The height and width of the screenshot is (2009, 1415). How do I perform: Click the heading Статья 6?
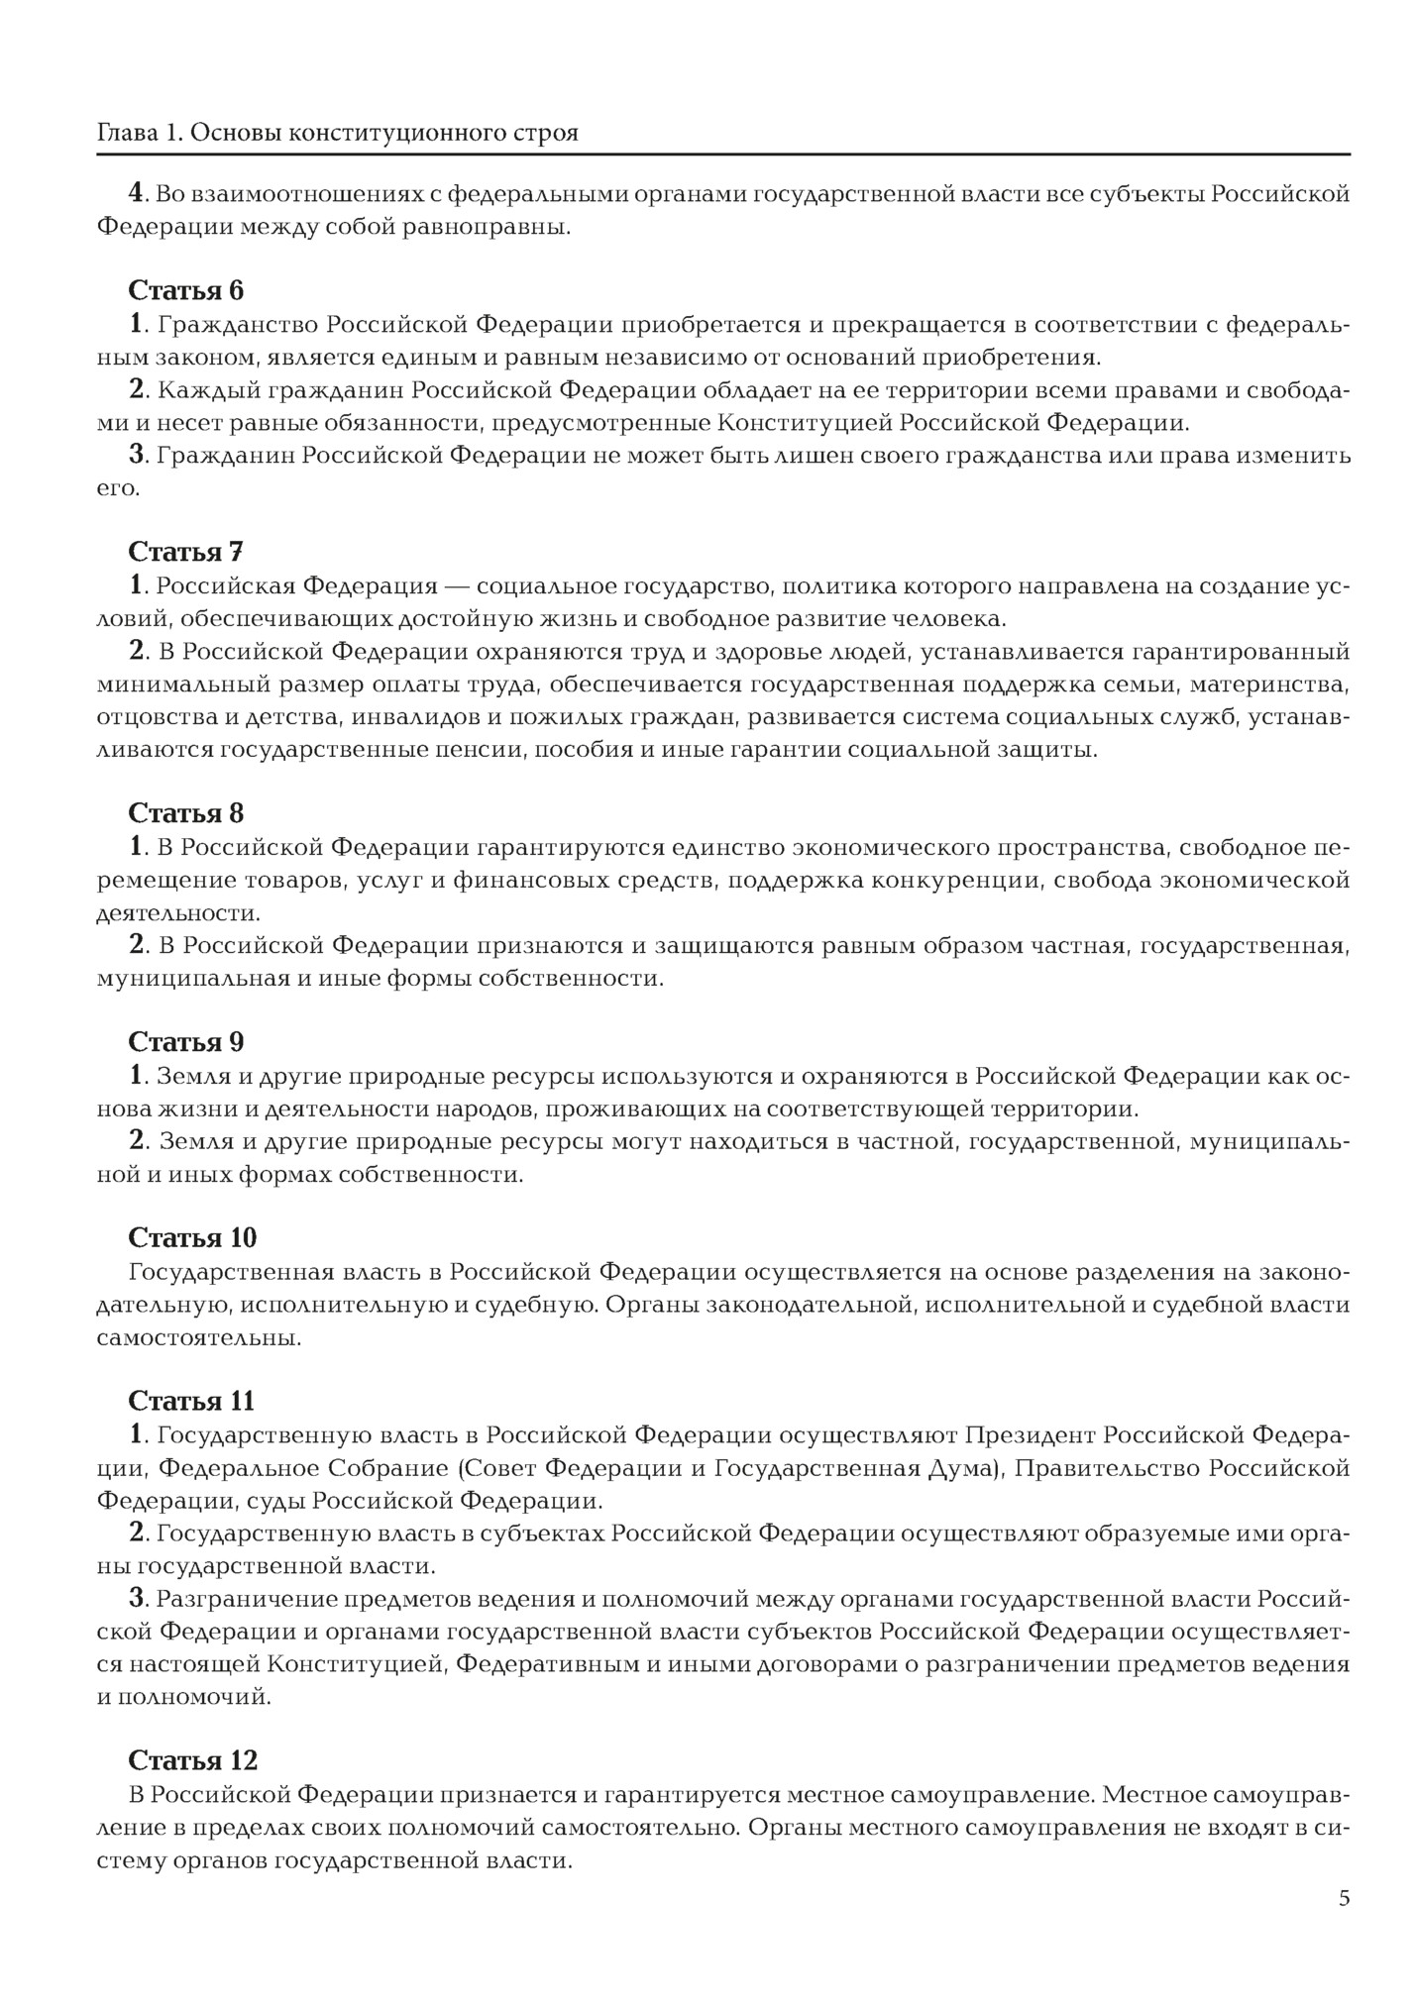click(x=185, y=290)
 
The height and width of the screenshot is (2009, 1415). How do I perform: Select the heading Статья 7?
click(x=185, y=552)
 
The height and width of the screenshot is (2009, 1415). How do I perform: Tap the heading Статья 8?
click(x=185, y=813)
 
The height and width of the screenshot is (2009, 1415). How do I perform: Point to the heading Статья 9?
click(x=185, y=1042)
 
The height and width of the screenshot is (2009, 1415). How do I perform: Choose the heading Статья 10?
click(x=192, y=1238)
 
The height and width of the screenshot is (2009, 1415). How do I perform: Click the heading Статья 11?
click(x=191, y=1401)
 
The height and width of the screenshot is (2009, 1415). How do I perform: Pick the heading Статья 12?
click(x=192, y=1760)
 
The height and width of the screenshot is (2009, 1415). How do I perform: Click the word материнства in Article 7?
click(x=1269, y=684)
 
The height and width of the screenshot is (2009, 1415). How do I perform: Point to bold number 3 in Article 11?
click(x=137, y=1598)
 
